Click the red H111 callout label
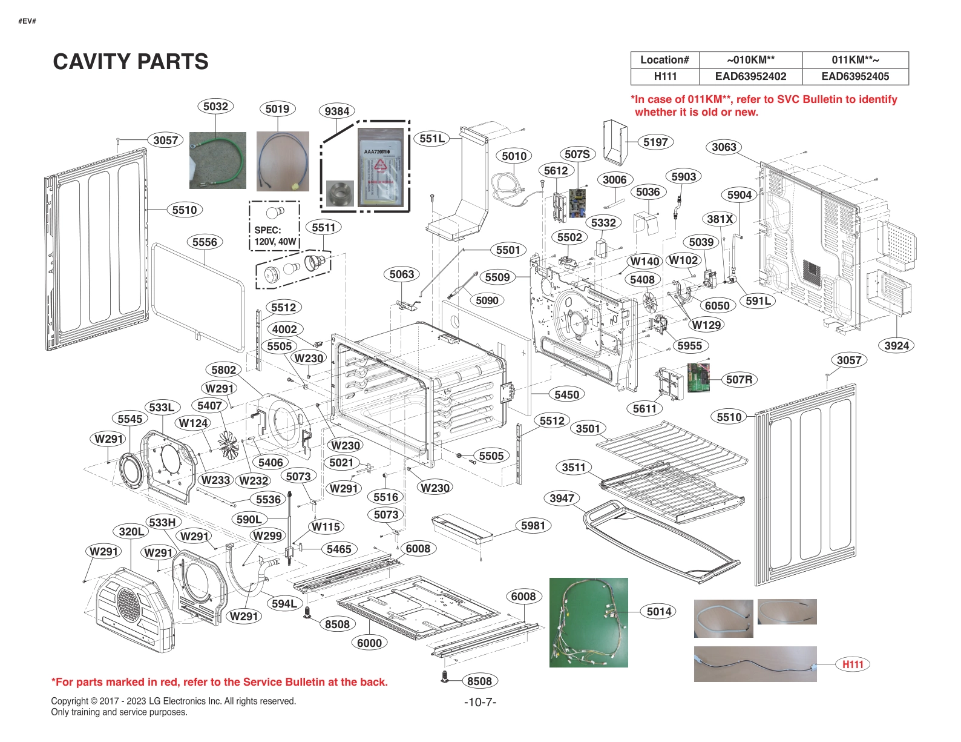853,664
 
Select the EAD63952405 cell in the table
855,76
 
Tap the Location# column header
664,60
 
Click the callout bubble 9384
336,111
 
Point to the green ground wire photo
217,160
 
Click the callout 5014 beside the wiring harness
659,612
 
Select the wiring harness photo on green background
588,622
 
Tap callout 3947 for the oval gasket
562,498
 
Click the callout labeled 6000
369,643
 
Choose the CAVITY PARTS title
131,62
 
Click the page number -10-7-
480,702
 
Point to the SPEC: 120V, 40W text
275,236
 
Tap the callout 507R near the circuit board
739,380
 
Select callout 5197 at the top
655,142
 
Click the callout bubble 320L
131,531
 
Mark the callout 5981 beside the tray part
533,525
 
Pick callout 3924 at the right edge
896,345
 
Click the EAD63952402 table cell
750,76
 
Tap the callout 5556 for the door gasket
205,242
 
